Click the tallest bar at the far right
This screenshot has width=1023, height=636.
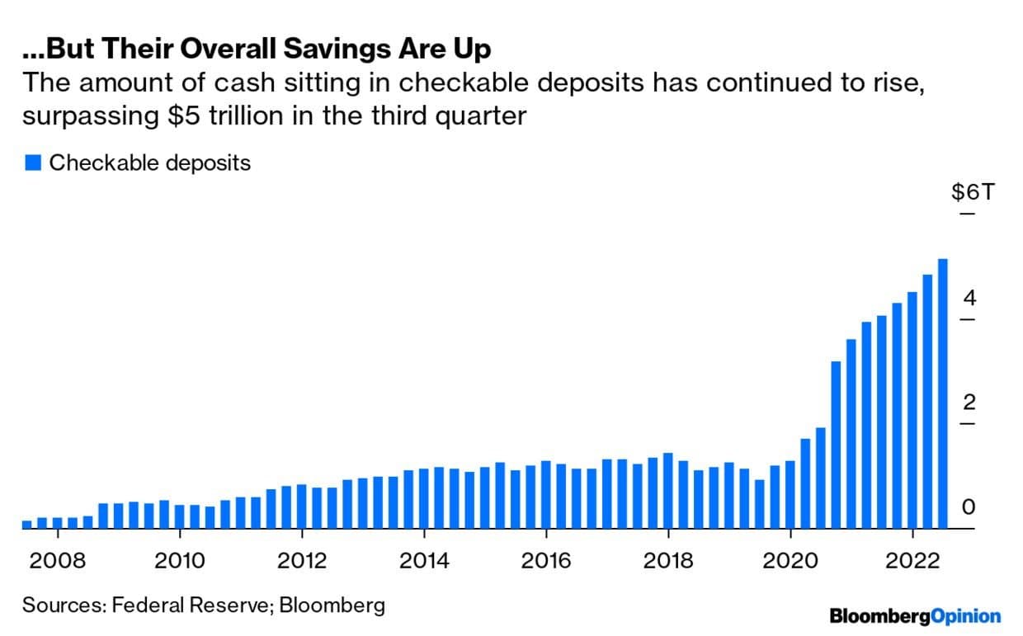(942, 393)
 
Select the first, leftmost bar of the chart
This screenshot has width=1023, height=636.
(26, 524)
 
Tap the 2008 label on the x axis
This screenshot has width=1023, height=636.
(57, 561)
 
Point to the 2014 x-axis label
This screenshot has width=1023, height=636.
(424, 561)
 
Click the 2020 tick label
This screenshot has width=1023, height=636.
(790, 561)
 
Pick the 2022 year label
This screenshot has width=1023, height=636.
(912, 561)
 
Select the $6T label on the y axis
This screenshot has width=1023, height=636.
(973, 193)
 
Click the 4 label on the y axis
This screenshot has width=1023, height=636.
(969, 298)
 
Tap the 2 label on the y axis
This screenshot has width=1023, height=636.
(969, 403)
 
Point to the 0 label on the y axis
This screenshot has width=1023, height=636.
(969, 507)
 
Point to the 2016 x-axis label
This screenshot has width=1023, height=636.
(546, 561)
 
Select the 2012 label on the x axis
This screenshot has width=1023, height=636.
(302, 561)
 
